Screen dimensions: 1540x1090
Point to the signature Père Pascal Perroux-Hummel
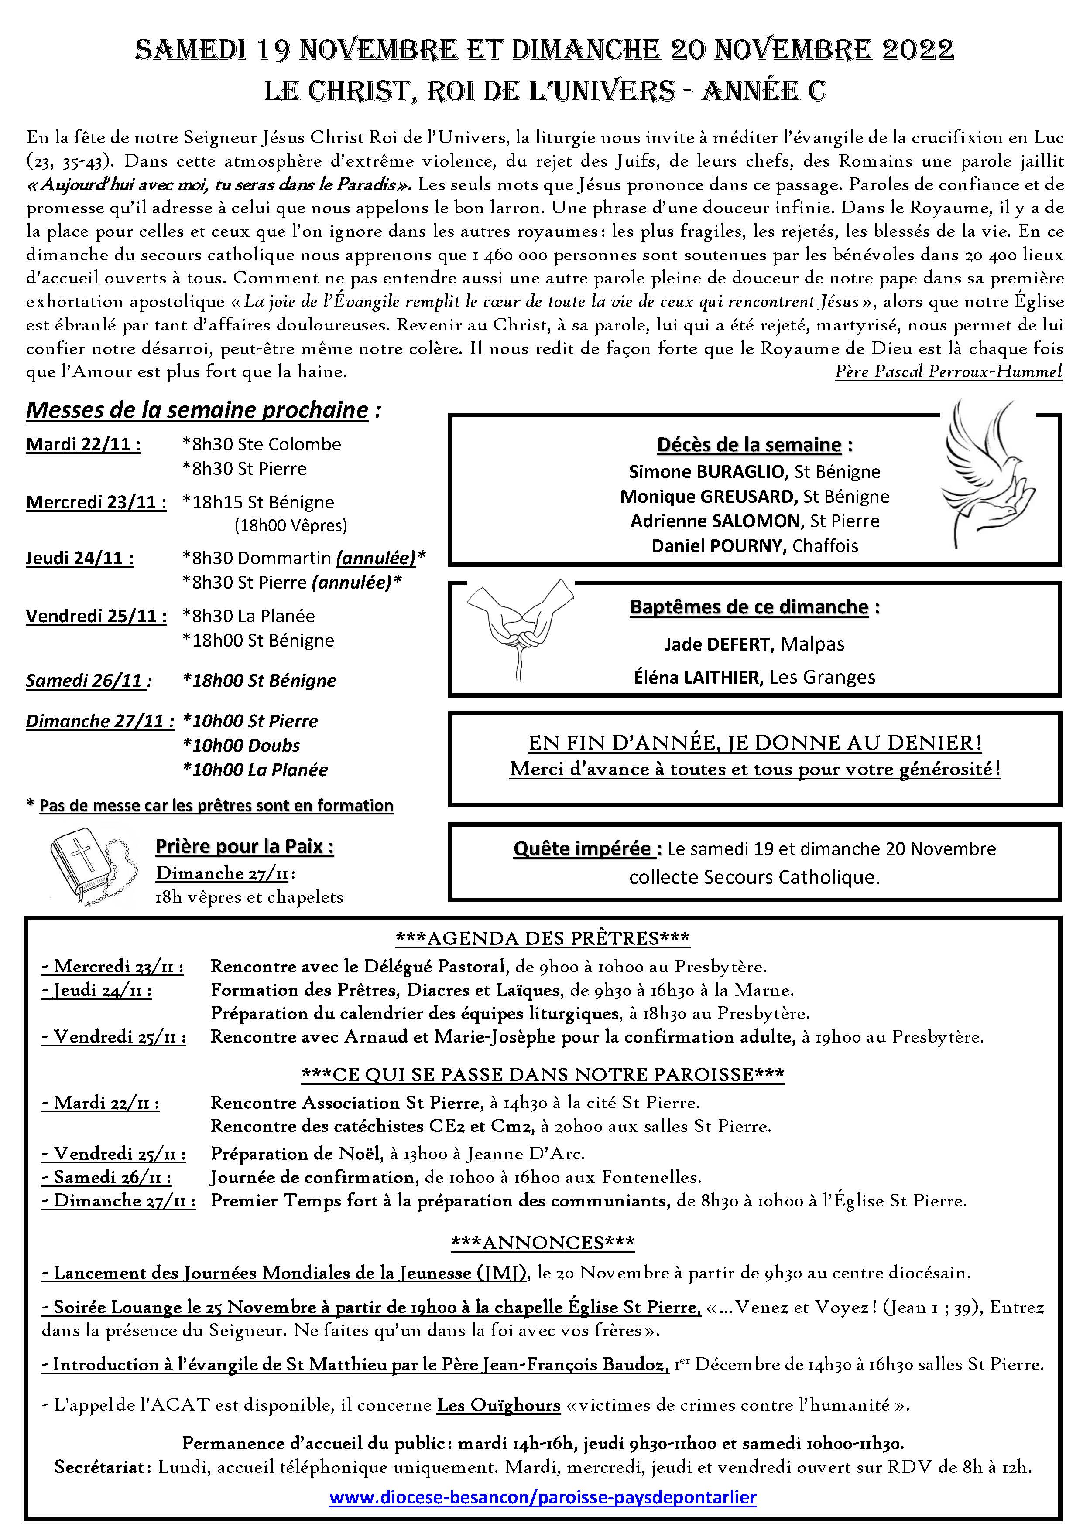948,371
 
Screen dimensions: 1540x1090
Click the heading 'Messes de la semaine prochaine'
197,410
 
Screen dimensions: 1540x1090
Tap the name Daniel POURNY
718,545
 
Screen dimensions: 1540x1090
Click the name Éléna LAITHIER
698,678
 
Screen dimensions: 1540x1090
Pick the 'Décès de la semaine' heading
749,445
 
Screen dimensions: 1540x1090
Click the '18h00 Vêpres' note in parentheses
291,525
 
